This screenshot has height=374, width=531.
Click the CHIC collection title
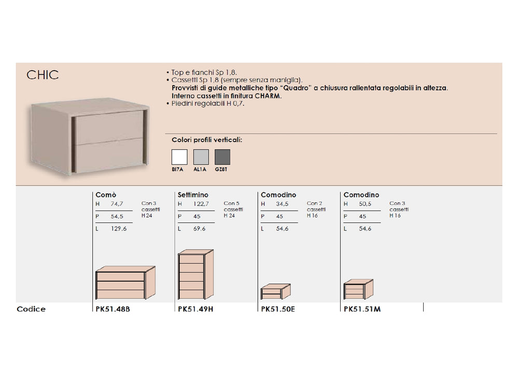point(43,75)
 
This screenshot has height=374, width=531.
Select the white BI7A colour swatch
point(179,157)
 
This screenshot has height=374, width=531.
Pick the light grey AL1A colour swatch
point(201,157)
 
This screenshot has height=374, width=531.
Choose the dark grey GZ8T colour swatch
point(222,157)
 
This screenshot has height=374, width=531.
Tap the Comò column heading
point(106,195)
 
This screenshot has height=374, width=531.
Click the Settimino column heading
point(193,195)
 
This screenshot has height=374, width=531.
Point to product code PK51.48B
point(113,309)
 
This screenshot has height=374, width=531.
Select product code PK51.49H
point(195,309)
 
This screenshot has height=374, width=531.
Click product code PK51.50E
point(278,309)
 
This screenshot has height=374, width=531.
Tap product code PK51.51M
point(362,309)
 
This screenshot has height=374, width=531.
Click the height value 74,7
point(117,204)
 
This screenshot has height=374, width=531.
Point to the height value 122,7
point(201,204)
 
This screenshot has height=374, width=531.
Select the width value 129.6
point(119,229)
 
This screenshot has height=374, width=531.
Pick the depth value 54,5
point(117,216)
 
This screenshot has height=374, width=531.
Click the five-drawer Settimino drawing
point(195,274)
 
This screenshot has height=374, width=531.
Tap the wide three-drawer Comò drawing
point(125,283)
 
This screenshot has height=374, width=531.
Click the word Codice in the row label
point(31,309)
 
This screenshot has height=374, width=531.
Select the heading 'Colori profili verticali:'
point(207,140)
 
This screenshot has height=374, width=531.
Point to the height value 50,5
point(365,204)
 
